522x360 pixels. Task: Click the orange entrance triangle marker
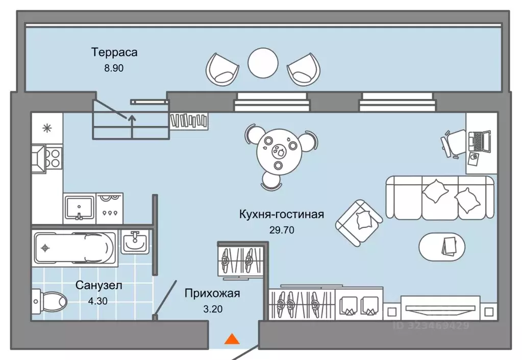pyautogui.click(x=232, y=339)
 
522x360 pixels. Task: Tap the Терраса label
pyautogui.click(x=114, y=52)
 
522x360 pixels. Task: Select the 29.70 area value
pyautogui.click(x=282, y=230)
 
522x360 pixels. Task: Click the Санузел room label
pyautogui.click(x=99, y=286)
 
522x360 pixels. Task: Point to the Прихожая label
pyautogui.click(x=212, y=293)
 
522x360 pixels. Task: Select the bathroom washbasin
pyautogui.click(x=135, y=241)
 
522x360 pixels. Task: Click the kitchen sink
pyautogui.click(x=80, y=207)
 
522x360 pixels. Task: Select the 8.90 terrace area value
pyautogui.click(x=114, y=67)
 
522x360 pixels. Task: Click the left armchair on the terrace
pyautogui.click(x=222, y=69)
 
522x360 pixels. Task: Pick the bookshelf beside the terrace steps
pyautogui.click(x=190, y=120)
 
